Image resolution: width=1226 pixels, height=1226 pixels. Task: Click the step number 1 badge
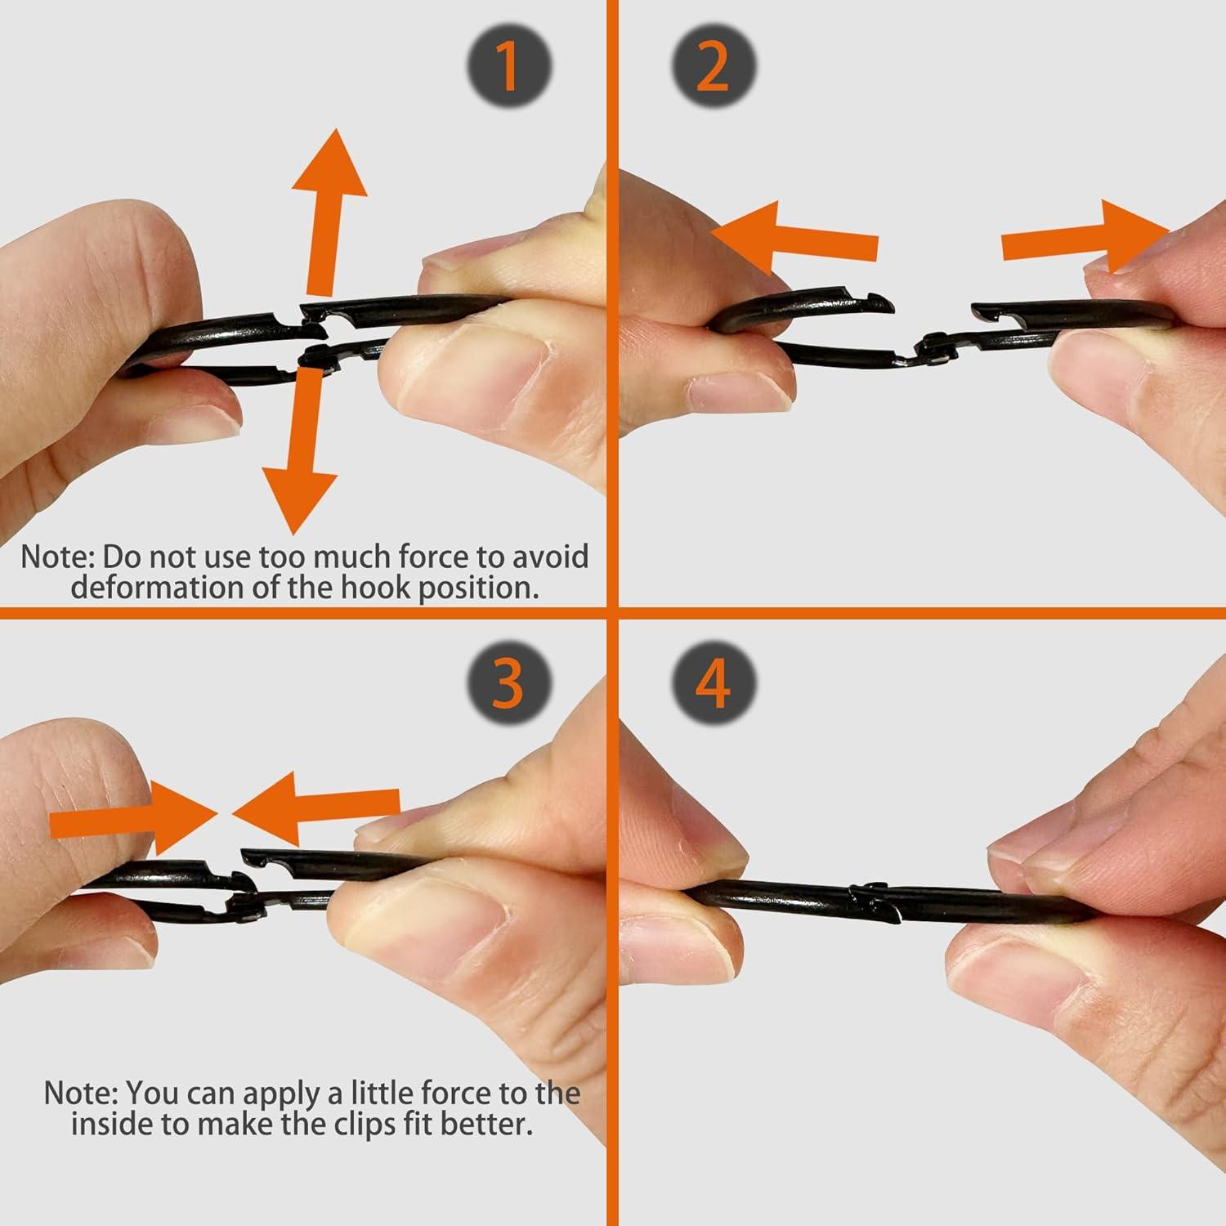[x=509, y=65]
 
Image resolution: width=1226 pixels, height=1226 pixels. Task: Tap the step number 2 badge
[x=713, y=65]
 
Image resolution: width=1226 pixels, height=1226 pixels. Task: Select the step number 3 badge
[x=509, y=682]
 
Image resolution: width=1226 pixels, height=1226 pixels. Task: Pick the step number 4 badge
[x=713, y=682]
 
